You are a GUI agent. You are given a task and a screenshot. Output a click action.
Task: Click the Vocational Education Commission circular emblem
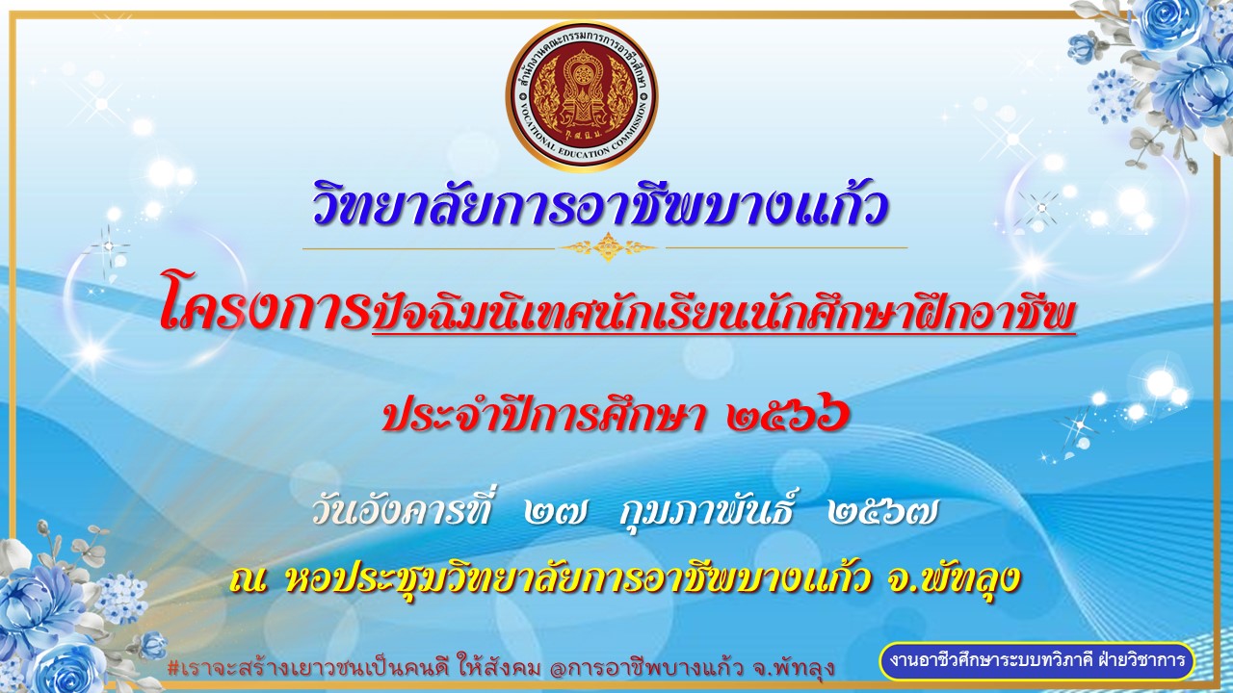pos(581,96)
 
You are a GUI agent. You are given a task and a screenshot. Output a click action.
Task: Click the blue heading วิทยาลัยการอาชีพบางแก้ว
pos(600,205)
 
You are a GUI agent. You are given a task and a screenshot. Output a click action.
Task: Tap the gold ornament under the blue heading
pos(608,247)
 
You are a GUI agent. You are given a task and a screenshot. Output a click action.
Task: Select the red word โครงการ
pos(265,307)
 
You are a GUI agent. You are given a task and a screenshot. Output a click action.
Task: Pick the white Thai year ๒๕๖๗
pos(881,514)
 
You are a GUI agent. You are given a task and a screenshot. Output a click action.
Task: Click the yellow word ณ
pos(249,580)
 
